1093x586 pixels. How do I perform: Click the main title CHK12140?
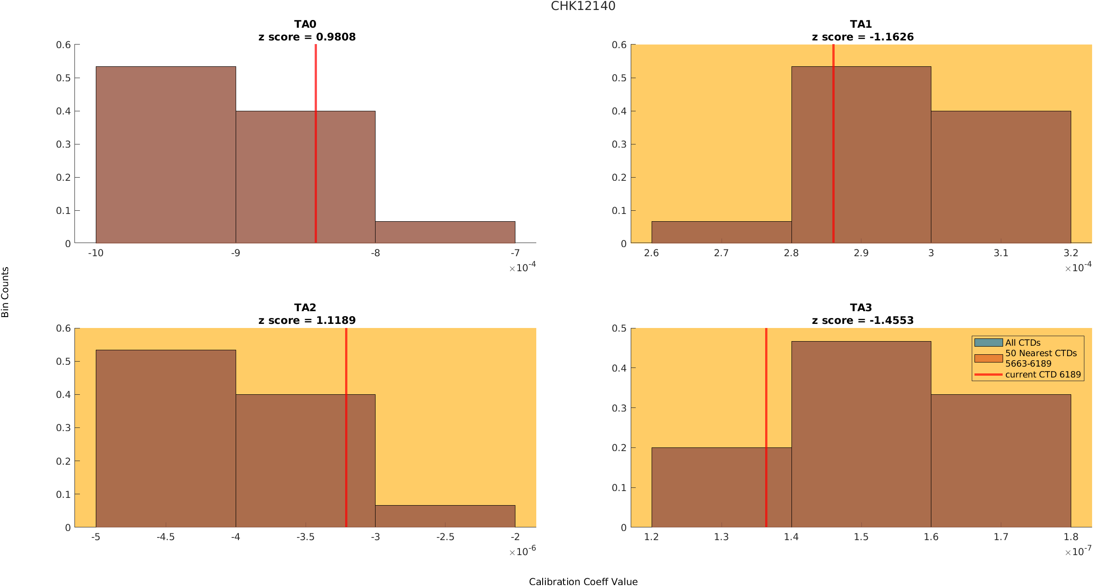[583, 6]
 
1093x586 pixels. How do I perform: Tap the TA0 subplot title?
[305, 24]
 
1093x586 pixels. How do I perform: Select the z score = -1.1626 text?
[863, 37]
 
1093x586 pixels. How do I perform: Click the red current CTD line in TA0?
[316, 144]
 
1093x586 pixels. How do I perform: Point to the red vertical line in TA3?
[766, 427]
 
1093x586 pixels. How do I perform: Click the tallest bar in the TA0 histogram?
[166, 155]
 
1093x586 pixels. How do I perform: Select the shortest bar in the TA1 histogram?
[722, 232]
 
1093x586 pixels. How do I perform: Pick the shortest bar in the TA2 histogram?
[445, 516]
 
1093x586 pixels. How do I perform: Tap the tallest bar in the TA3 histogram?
[861, 434]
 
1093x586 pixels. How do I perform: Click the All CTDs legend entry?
[1023, 343]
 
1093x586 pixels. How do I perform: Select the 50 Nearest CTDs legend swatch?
[989, 358]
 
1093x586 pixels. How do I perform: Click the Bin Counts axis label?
[5, 292]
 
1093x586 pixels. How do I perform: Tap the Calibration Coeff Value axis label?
[583, 581]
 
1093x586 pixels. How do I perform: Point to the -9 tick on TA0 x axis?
[235, 253]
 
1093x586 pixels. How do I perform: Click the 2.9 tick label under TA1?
[861, 253]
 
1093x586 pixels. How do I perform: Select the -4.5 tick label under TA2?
[166, 537]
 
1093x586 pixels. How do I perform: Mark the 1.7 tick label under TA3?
[1001, 537]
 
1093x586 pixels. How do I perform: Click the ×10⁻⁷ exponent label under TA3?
[1078, 551]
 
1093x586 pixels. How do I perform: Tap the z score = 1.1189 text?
[307, 320]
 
